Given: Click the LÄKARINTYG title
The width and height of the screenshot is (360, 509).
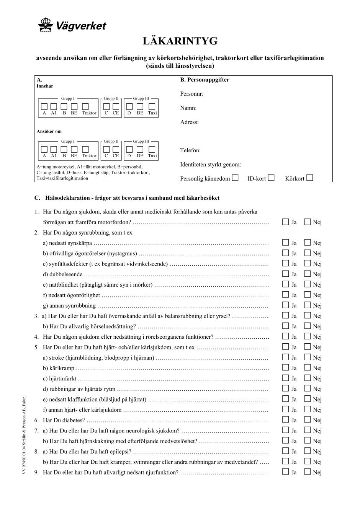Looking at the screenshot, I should coord(180,41).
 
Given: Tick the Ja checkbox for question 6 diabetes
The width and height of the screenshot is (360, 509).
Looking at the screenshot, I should coord(285,419).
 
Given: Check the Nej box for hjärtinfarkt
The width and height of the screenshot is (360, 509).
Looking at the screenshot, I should coord(308,378).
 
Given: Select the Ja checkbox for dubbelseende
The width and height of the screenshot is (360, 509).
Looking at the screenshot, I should coord(285,274).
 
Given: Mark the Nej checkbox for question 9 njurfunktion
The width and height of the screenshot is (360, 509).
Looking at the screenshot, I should coord(308,471).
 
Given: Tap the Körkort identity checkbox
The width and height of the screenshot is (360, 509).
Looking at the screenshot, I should coord(309,178).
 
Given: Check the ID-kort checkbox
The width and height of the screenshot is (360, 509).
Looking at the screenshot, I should coord(271,178).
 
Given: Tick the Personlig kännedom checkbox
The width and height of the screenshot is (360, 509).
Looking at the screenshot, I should coord(235,178).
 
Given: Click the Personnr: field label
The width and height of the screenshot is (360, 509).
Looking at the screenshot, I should coord(191,94).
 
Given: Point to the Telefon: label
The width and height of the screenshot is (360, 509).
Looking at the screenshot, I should coord(190,150).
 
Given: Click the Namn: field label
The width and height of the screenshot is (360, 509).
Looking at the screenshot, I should coord(188,108).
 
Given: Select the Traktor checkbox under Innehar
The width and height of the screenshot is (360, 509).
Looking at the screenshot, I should coord(85,106).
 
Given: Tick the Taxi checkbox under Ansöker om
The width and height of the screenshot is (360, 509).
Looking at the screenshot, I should coord(152,149).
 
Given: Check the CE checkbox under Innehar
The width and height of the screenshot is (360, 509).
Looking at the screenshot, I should coord(116,106).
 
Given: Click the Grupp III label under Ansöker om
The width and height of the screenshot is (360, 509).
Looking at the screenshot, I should coord(141,141).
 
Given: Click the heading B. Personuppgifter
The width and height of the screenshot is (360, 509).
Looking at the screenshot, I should coord(205,80).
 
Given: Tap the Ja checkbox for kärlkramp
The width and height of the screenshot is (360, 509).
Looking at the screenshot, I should coord(285,367).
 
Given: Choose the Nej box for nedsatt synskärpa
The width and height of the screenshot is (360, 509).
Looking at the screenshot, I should coord(308,242).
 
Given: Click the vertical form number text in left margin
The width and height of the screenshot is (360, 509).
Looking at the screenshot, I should coord(24,436).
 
